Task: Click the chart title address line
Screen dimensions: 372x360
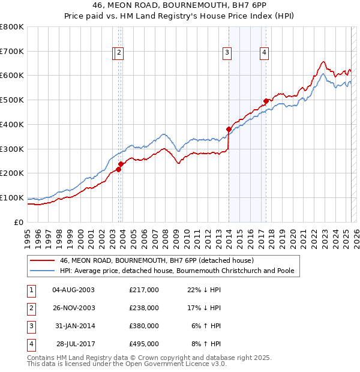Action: [x=180, y=6]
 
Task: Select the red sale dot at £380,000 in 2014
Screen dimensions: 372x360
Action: [x=229, y=129]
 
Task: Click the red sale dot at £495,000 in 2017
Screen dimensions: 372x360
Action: [x=266, y=101]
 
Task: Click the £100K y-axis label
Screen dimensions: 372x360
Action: [x=13, y=197]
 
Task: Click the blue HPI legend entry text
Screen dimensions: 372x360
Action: [x=177, y=271]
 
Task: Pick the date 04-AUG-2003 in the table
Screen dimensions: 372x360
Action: [x=74, y=290]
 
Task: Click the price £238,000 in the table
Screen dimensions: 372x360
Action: [x=144, y=308]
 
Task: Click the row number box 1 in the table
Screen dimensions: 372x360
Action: [x=30, y=290]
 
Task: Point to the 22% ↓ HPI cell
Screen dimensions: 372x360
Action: [x=204, y=290]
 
